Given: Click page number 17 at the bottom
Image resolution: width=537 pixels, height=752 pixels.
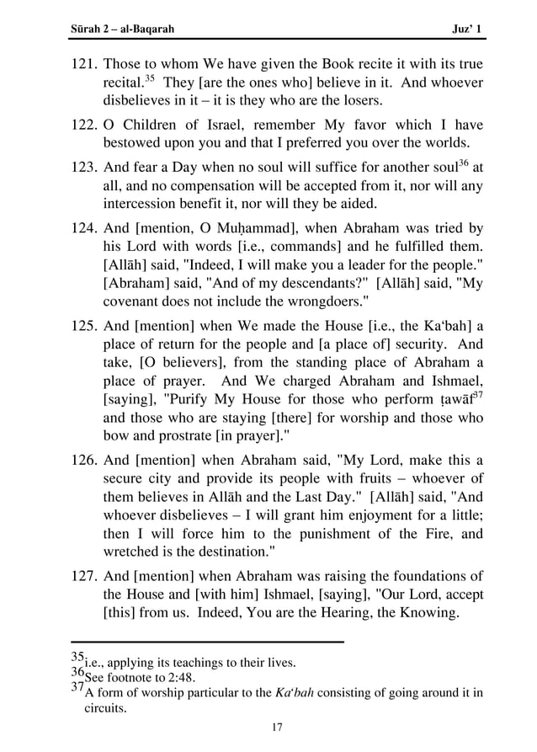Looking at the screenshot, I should pos(277,728).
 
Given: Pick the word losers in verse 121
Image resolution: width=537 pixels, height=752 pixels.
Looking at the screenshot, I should pos(360,101).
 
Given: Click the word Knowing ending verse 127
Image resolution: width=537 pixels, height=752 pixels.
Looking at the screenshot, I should pos(426,614).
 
